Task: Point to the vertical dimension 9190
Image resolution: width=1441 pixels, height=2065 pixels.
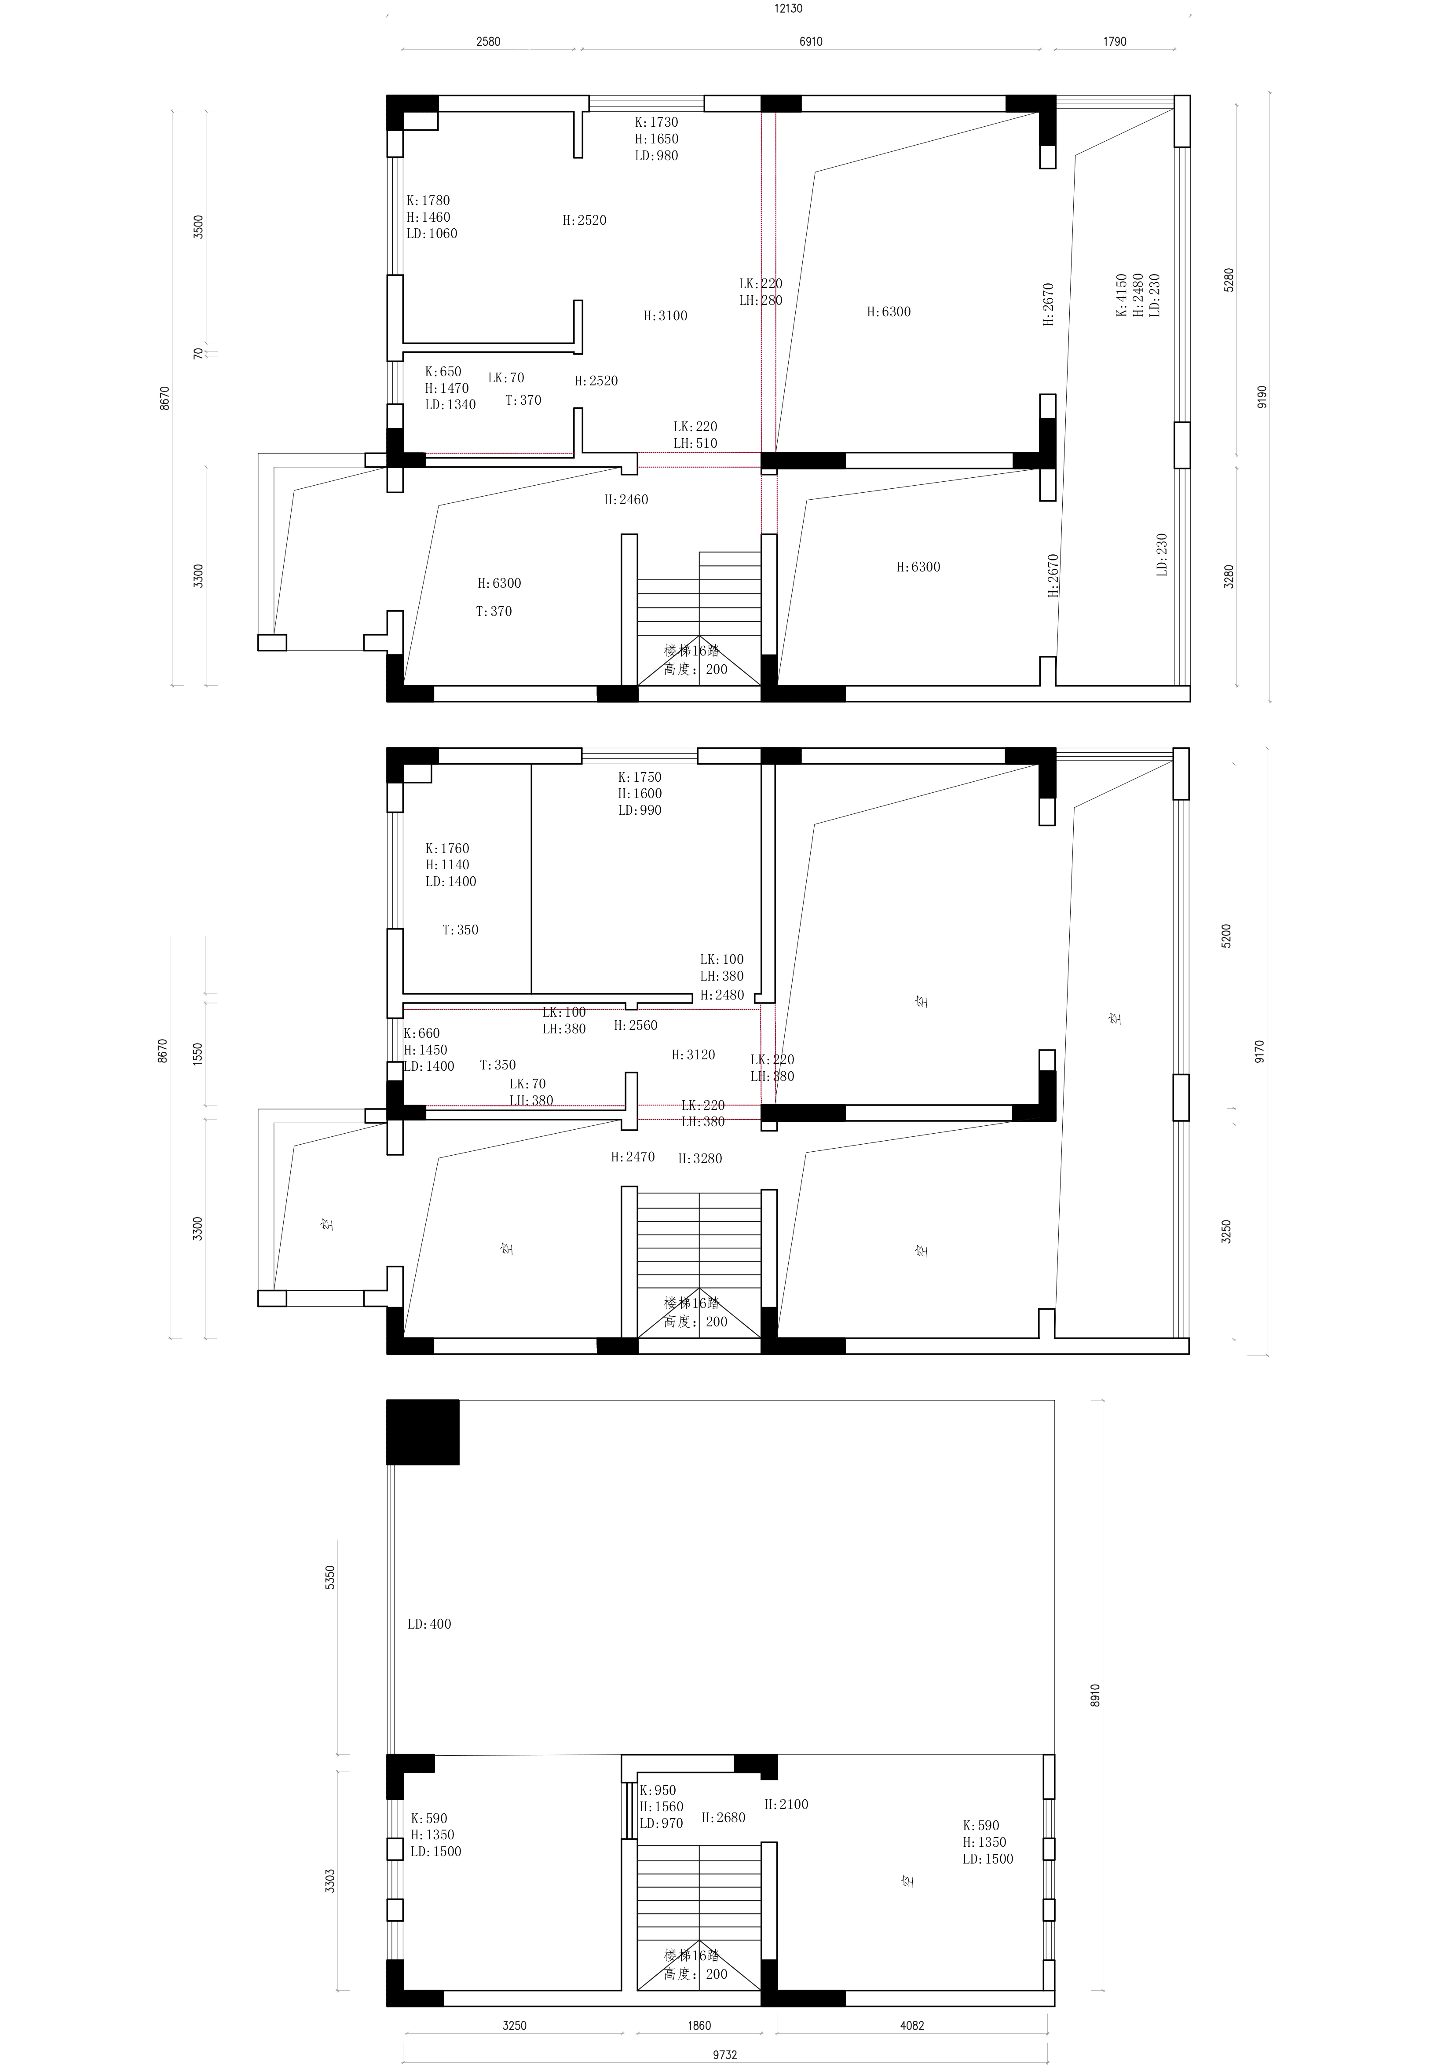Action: (x=1262, y=397)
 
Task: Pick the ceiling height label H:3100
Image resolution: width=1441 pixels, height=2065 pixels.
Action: (x=666, y=316)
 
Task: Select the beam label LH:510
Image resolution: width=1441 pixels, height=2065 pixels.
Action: (x=695, y=443)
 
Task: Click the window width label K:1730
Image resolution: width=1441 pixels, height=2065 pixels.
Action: (x=657, y=122)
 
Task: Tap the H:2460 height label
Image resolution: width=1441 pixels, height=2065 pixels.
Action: (x=626, y=500)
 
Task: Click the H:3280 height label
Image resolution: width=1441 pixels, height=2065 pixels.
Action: (x=700, y=1158)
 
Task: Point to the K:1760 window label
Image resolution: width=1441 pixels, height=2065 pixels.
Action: (x=447, y=848)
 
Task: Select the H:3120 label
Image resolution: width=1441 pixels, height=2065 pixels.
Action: (x=694, y=1055)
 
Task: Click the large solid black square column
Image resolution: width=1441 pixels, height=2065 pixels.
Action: (x=423, y=1433)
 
